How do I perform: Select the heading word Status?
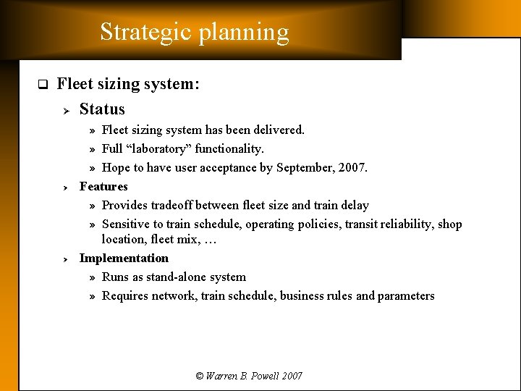point(102,109)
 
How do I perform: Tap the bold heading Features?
point(103,186)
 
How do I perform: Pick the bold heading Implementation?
point(124,258)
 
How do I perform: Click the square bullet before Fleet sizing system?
point(42,85)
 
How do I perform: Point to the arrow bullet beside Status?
point(64,110)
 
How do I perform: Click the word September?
point(307,167)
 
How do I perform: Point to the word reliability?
point(407,224)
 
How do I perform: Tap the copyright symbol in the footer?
point(200,376)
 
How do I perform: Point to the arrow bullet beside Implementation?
point(64,258)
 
